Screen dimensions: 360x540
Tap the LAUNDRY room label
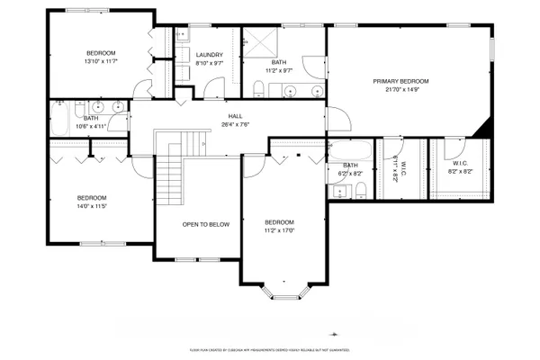click(x=209, y=55)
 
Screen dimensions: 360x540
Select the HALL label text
click(x=234, y=116)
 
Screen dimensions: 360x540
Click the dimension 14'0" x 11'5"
click(x=92, y=206)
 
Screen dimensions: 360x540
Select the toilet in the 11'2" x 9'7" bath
click(x=259, y=88)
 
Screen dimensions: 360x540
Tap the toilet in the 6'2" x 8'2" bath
click(x=359, y=188)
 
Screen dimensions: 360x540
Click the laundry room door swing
click(x=212, y=88)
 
